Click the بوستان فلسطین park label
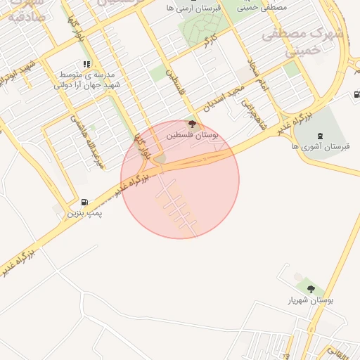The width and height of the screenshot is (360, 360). [193, 134]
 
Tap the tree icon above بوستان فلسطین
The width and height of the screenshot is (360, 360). [193, 124]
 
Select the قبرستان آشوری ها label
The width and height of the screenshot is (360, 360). [321, 146]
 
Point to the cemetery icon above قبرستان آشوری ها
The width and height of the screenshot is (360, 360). [321, 136]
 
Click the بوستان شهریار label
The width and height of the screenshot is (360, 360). [310, 300]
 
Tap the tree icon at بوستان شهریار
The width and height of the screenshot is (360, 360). [310, 289]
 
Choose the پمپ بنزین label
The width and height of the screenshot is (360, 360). [85, 212]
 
